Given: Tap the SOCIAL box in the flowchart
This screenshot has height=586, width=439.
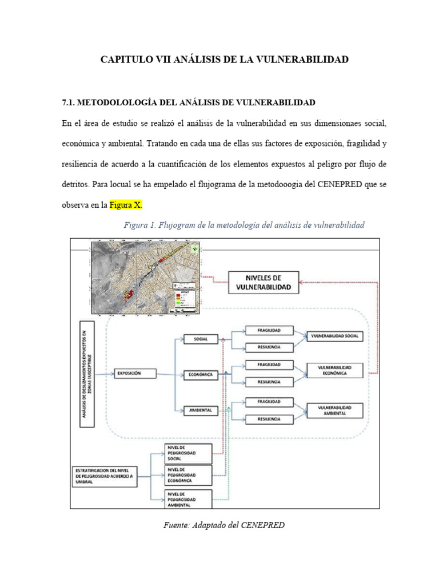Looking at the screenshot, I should [199, 339].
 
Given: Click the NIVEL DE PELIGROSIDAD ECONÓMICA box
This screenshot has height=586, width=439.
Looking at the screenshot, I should [187, 474].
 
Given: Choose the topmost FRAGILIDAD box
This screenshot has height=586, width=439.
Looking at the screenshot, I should [268, 330].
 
